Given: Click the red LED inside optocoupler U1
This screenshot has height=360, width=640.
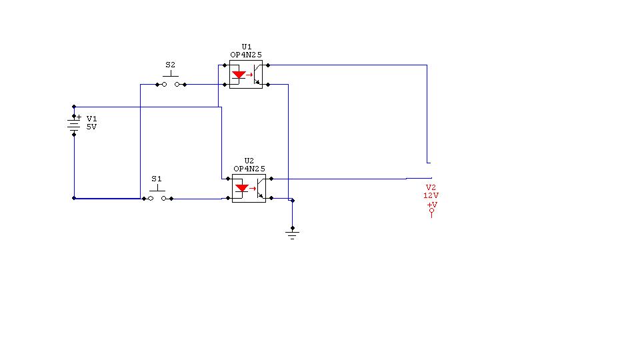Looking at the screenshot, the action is click(x=239, y=75).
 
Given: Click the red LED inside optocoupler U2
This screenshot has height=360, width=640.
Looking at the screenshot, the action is click(x=242, y=189).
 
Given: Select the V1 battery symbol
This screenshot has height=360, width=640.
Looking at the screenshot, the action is click(x=73, y=125).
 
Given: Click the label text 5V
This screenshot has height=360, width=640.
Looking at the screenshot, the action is click(x=91, y=127).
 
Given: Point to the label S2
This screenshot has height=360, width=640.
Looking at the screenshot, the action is click(x=170, y=65).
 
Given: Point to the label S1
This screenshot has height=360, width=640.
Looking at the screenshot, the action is click(x=156, y=179).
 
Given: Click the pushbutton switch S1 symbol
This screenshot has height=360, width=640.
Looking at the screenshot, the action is click(x=157, y=195).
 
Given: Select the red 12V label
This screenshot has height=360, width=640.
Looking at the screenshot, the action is click(x=431, y=195).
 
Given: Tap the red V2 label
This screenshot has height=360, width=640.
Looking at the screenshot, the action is click(x=431, y=187).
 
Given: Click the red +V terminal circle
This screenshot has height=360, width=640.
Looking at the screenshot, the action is click(x=431, y=211).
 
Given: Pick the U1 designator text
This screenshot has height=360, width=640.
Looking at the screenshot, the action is click(x=247, y=47).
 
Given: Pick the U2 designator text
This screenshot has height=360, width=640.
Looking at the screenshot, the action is click(x=249, y=161).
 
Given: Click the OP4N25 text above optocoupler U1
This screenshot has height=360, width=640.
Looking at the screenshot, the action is click(x=246, y=55).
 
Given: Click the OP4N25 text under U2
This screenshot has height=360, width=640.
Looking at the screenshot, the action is click(x=249, y=169).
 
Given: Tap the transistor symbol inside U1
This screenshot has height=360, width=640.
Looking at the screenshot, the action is click(x=257, y=75).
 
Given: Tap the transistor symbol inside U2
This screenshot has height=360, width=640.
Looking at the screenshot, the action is click(x=260, y=189).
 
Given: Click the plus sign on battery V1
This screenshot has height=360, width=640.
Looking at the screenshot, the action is click(x=79, y=117).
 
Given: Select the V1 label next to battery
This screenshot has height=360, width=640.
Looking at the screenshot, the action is click(x=91, y=119).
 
